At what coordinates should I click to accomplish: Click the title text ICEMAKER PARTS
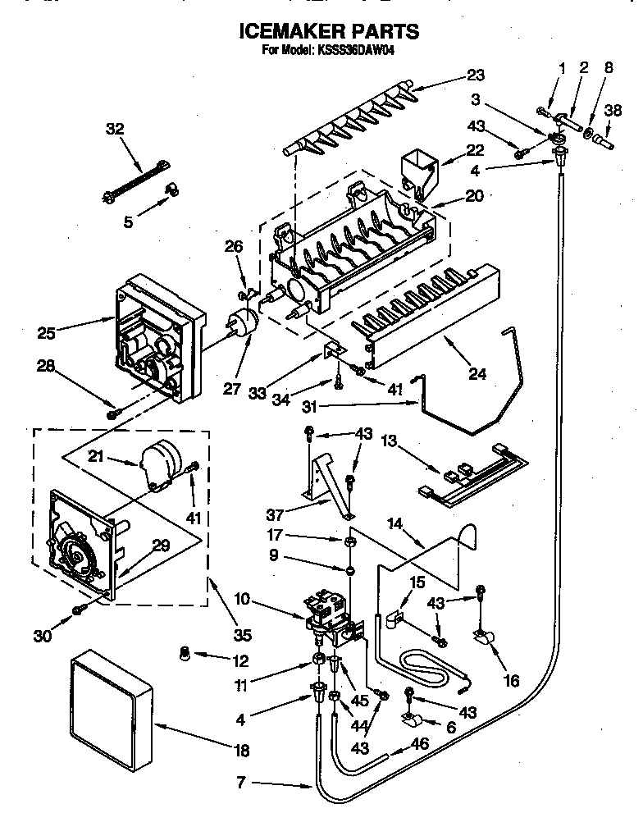pyautogui.click(x=328, y=31)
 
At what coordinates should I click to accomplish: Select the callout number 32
pyautogui.click(x=116, y=129)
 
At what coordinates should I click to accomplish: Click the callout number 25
pyautogui.click(x=47, y=333)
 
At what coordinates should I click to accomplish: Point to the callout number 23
pyautogui.click(x=476, y=75)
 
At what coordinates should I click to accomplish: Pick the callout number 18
pyautogui.click(x=240, y=751)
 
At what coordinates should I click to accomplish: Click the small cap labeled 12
pyautogui.click(x=185, y=653)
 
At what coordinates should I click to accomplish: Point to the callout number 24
pyautogui.click(x=477, y=375)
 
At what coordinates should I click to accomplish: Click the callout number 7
pyautogui.click(x=239, y=783)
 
